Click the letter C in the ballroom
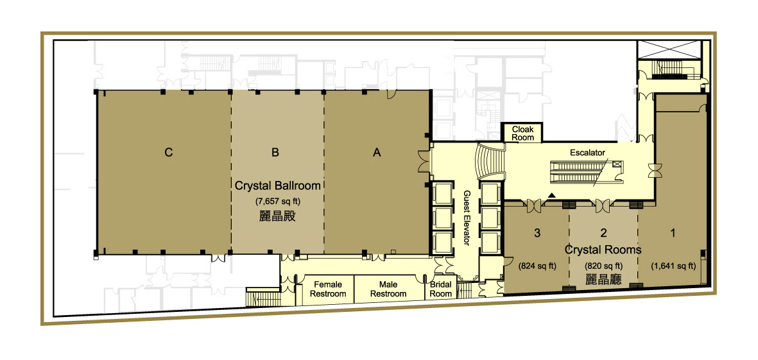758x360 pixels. pos(168,153)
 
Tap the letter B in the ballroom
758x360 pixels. pos(275,153)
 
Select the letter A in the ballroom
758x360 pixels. pos(377,153)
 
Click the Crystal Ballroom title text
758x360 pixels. pos(277,186)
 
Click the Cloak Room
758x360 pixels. pos(522,133)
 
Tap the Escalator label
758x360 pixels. pos(587,153)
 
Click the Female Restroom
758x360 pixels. pos(328,289)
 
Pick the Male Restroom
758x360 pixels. pos(388,289)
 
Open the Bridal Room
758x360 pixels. pos(441,289)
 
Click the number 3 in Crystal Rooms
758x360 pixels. pos(537,234)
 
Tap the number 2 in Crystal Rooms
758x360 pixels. pos(603,234)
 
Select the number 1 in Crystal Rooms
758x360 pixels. pos(673,234)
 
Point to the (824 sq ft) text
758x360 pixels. pos(537,265)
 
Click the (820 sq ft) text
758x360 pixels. pos(603,265)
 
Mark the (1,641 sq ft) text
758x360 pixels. pos(673,265)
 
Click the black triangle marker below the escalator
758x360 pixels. pos(552,194)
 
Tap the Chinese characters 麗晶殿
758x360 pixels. pos(277,216)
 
